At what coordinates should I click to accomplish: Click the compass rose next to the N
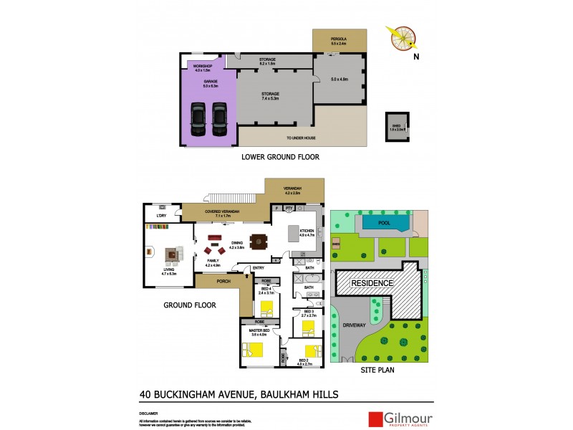[x=402, y=39]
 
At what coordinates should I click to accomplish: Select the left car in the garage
[x=198, y=119]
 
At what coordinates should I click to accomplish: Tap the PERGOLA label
[x=339, y=40]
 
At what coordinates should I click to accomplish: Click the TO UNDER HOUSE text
[x=301, y=138]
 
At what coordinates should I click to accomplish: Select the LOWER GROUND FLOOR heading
[x=280, y=156]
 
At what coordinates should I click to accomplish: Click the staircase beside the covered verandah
[x=228, y=198]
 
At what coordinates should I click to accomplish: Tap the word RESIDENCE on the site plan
[x=372, y=283]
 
